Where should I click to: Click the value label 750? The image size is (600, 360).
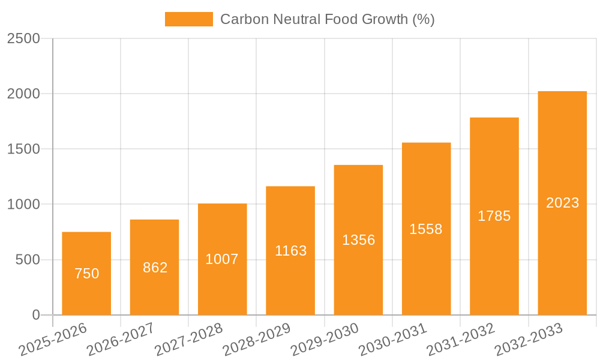pyautogui.click(x=86, y=274)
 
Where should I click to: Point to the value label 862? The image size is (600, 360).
pyautogui.click(x=155, y=268)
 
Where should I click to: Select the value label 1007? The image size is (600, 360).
pyautogui.click(x=222, y=259)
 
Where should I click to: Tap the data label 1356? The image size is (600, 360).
pyautogui.click(x=358, y=240)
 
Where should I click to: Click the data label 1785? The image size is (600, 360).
pyautogui.click(x=494, y=216)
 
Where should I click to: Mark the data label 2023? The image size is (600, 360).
pyautogui.click(x=562, y=203)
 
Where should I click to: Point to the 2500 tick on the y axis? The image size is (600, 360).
pyautogui.click(x=23, y=38)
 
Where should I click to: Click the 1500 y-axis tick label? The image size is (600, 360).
pyautogui.click(x=23, y=149)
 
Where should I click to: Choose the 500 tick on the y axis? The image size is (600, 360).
pyautogui.click(x=28, y=260)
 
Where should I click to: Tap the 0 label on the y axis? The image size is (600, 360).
pyautogui.click(x=35, y=315)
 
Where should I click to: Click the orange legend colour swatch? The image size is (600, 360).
pyautogui.click(x=188, y=19)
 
